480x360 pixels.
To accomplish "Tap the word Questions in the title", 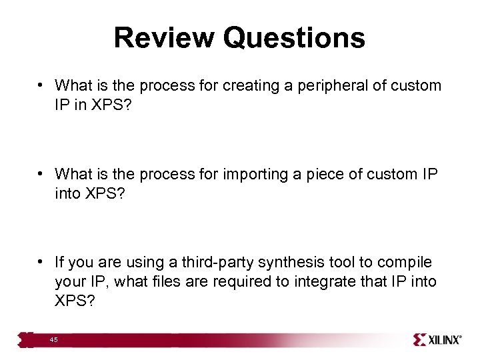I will (294, 38).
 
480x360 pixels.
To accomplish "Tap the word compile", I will (406, 263).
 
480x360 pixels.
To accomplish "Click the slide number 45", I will (53, 340).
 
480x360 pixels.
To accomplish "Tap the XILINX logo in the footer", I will (437, 340).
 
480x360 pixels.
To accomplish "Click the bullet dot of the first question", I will (41, 85).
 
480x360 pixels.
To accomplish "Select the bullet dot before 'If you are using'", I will (41, 263).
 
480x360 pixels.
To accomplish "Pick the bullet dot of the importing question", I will (41, 174).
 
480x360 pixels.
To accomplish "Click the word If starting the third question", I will (59, 263).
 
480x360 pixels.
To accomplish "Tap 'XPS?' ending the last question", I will (75, 301).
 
